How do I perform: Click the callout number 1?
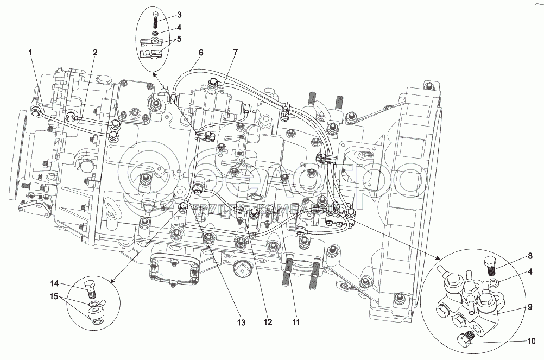[x=30, y=52]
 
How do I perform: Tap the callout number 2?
[x=94, y=52]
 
